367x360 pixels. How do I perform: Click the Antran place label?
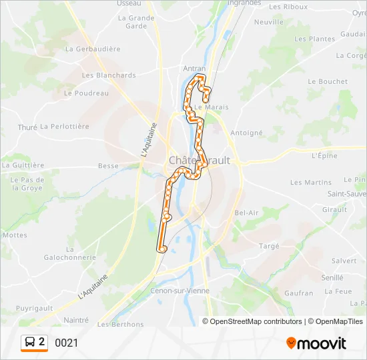(x=194, y=68)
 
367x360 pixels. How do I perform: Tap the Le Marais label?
(x=208, y=107)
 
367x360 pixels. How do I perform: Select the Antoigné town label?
(x=246, y=133)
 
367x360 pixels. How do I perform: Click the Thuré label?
(x=27, y=127)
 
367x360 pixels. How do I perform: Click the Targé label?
(x=269, y=245)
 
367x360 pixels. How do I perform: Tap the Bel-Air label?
(x=247, y=213)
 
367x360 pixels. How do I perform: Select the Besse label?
(x=108, y=166)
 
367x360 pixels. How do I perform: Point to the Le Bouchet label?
(x=328, y=81)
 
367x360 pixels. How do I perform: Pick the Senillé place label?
(x=332, y=277)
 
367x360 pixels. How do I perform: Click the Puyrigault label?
(x=35, y=309)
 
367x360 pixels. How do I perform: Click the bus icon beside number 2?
(x=31, y=343)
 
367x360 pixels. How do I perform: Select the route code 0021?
(x=67, y=343)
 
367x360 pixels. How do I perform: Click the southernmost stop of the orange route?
(x=161, y=249)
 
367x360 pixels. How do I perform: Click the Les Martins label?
(x=310, y=182)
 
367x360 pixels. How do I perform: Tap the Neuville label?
(x=269, y=21)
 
